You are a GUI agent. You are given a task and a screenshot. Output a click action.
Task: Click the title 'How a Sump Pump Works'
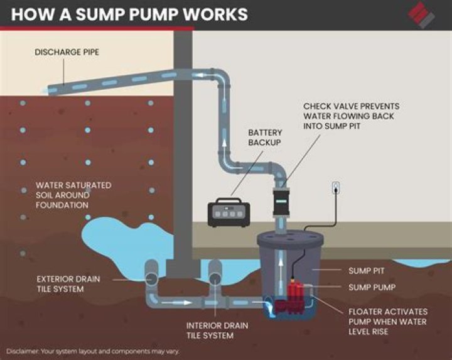click(x=129, y=14)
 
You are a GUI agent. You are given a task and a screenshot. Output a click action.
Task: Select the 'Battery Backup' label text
click(x=265, y=138)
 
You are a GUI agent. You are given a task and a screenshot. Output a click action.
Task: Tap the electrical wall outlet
click(x=336, y=187)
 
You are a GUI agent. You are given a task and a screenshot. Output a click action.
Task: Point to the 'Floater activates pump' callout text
click(x=387, y=321)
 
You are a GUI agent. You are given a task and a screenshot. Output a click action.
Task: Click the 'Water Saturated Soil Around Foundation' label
click(x=73, y=195)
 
